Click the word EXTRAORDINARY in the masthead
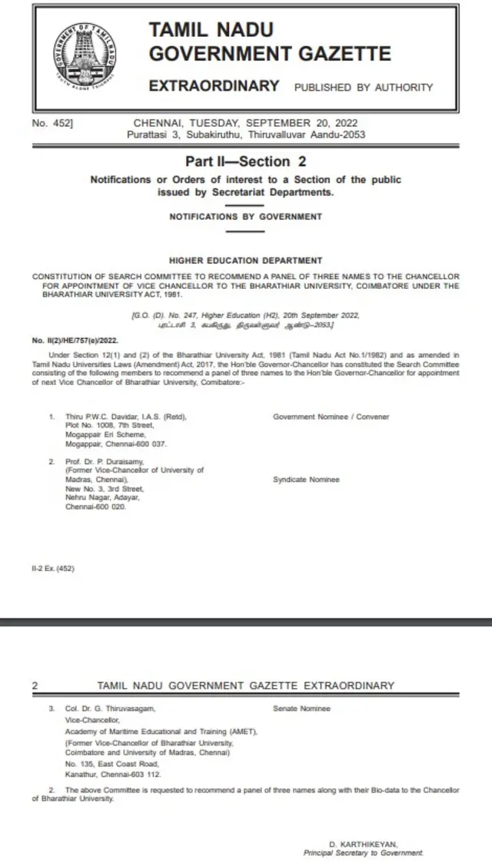click(214, 86)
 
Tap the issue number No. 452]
click(52, 123)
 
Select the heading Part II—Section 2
click(245, 161)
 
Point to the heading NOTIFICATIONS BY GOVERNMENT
click(245, 217)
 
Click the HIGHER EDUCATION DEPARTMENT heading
click(245, 261)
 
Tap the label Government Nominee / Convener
click(331, 417)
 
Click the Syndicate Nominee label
click(306, 480)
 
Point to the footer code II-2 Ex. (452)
click(53, 569)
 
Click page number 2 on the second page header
click(35, 686)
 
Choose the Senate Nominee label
click(301, 709)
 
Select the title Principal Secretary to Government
click(363, 852)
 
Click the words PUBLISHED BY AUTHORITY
click(364, 88)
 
